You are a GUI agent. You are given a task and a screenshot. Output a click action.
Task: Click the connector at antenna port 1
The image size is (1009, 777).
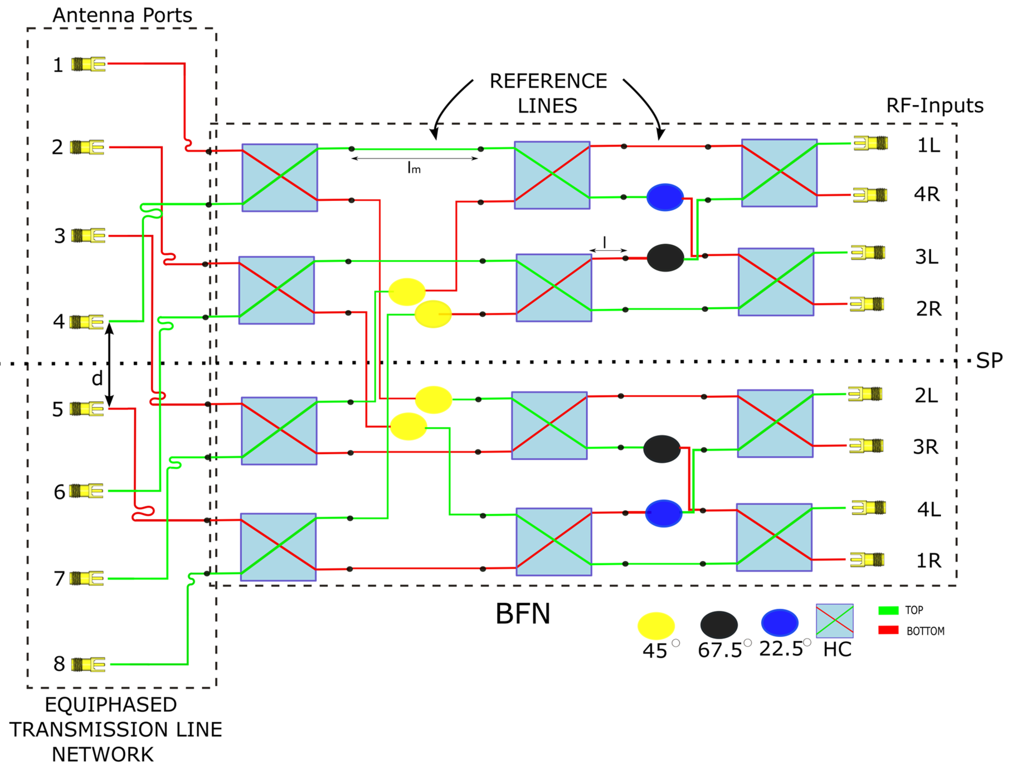coord(88,64)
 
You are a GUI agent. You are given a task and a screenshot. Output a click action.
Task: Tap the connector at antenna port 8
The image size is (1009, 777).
coord(88,665)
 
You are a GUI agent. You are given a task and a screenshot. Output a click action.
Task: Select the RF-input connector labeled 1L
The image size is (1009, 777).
coord(870,143)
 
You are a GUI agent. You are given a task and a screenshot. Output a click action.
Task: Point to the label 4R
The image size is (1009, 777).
coord(927,194)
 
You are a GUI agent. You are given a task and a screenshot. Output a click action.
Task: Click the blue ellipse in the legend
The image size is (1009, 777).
coord(780,623)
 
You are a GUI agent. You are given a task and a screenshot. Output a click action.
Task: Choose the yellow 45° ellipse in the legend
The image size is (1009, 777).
coord(656,626)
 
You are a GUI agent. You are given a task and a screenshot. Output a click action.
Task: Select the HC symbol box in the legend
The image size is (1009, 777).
coord(834,621)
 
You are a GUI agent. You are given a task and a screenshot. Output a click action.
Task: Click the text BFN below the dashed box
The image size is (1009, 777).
coord(523,614)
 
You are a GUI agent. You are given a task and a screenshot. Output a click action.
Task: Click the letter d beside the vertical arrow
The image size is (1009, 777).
coord(97,379)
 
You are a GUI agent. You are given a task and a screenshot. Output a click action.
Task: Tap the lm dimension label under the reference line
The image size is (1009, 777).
coord(414,168)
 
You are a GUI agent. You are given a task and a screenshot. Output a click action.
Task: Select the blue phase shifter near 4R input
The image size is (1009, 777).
coord(665,197)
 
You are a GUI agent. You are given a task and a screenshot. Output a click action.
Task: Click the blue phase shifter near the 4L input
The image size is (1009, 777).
coord(663,514)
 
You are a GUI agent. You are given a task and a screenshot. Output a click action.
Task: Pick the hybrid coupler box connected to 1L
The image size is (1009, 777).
coord(779,173)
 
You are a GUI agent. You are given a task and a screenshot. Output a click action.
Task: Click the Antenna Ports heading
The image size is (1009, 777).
coord(122,15)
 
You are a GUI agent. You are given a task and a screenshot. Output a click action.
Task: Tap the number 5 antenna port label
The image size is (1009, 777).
coord(57,409)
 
